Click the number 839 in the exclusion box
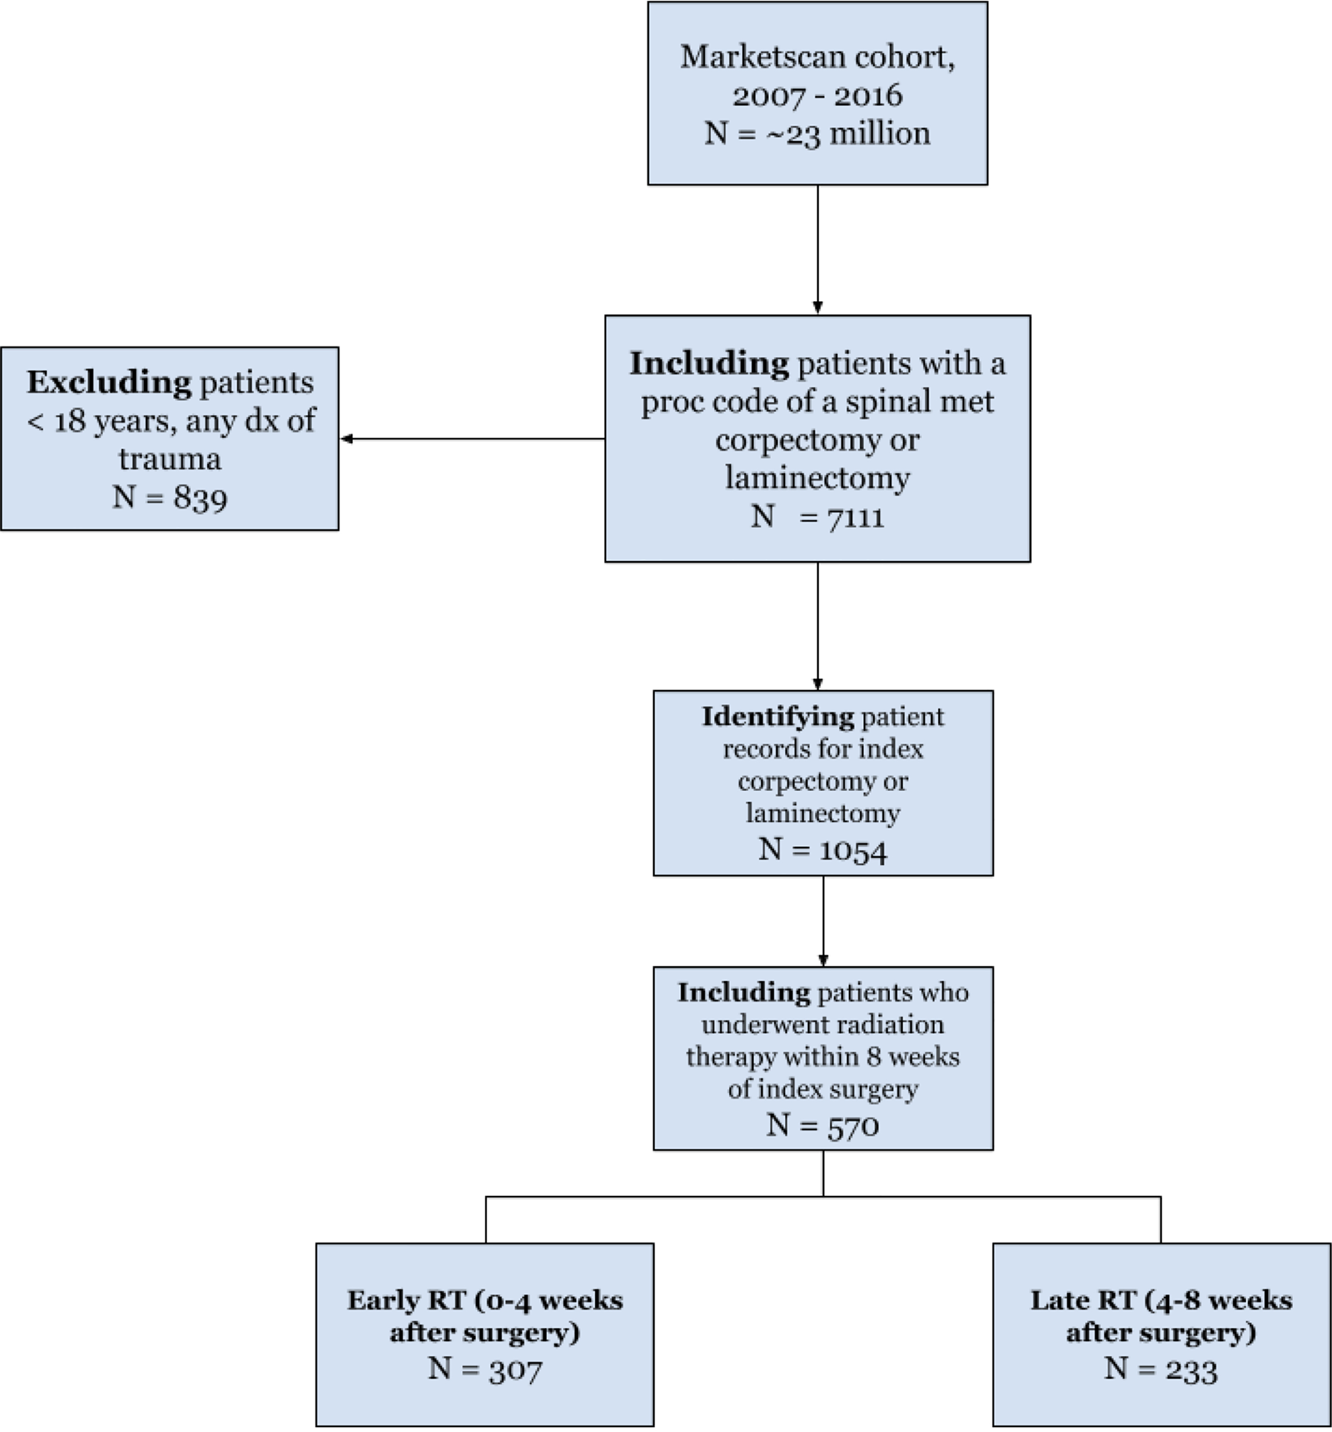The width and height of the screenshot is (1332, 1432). click(200, 498)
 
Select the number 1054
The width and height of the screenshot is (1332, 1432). click(853, 850)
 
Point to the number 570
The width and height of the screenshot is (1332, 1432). click(853, 1125)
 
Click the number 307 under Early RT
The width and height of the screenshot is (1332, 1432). click(515, 1369)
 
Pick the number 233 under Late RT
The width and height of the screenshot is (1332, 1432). click(1191, 1369)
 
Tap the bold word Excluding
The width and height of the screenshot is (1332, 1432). click(110, 383)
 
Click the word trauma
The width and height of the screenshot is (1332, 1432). click(170, 459)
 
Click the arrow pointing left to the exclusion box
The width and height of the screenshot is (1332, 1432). click(472, 439)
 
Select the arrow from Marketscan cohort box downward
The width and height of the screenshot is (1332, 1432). click(817, 250)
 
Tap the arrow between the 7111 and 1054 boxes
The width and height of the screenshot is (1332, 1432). click(817, 626)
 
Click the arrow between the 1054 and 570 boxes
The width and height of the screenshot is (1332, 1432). click(823, 921)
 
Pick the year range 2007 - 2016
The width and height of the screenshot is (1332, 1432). click(817, 95)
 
